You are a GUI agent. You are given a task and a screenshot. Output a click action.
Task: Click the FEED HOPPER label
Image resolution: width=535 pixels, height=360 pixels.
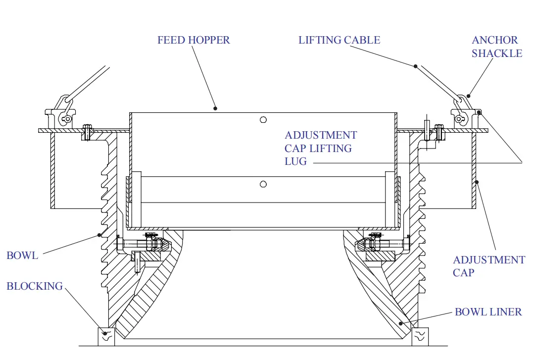click(194, 40)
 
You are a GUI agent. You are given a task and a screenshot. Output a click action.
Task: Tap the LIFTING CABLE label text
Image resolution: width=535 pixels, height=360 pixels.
click(339, 40)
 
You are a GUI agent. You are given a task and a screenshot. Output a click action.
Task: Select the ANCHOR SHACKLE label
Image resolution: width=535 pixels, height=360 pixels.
click(496, 47)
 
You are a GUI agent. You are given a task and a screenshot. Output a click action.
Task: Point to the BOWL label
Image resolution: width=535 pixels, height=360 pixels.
click(22, 256)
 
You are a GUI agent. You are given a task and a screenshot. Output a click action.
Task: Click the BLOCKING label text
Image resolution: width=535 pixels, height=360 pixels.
click(35, 286)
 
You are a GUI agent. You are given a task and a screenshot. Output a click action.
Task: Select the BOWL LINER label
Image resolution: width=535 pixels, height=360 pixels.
click(488, 312)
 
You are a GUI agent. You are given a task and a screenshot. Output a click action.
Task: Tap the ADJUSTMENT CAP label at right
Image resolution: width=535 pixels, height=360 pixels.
click(488, 266)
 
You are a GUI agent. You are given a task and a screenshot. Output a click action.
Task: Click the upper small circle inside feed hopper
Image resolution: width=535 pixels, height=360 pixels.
click(263, 119)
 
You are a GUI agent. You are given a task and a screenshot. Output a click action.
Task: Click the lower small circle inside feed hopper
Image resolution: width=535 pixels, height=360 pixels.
click(263, 184)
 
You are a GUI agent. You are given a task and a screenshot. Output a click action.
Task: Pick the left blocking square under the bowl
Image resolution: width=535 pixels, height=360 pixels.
click(106, 336)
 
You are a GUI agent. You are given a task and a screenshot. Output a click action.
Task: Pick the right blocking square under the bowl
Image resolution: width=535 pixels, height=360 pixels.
click(420, 336)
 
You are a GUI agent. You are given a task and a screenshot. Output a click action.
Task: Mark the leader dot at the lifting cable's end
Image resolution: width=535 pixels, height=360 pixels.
click(416, 66)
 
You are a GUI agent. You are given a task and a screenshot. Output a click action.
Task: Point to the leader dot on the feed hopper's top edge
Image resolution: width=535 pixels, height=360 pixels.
click(216, 108)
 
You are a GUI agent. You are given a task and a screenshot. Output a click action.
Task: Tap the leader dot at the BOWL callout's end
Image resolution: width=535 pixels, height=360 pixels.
click(99, 235)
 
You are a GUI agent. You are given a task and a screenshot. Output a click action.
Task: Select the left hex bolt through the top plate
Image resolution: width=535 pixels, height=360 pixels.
click(88, 132)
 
